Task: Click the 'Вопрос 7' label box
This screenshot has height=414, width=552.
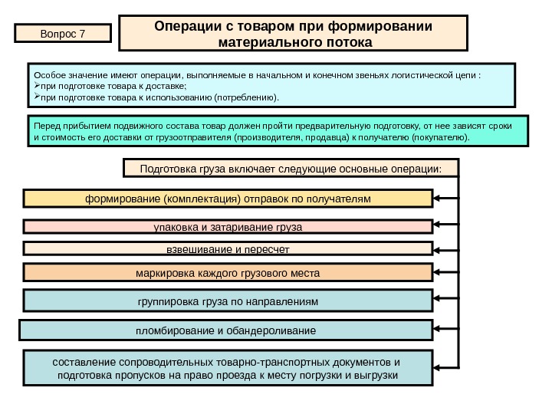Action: pyautogui.click(x=63, y=34)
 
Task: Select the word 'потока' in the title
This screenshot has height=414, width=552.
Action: pyautogui.click(x=344, y=43)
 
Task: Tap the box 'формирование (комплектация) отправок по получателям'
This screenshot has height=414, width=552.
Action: pyautogui.click(x=227, y=199)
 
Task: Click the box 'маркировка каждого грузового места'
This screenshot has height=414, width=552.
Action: pyautogui.click(x=227, y=273)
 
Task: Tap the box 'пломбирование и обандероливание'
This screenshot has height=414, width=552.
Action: pyautogui.click(x=225, y=330)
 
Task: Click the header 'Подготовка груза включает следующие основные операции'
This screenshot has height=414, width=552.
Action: pyautogui.click(x=291, y=168)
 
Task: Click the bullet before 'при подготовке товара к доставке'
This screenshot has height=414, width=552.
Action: pyautogui.click(x=35, y=87)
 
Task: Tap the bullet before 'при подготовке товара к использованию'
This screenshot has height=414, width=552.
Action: pyautogui.click(x=35, y=98)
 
